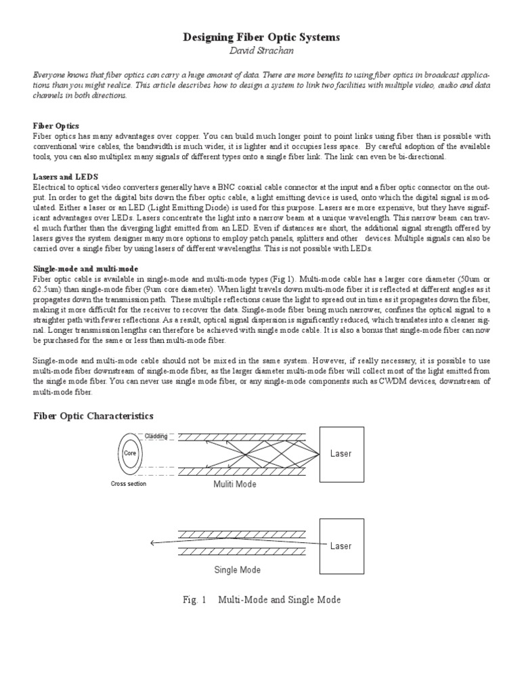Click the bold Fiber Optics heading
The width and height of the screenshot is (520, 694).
(57, 125)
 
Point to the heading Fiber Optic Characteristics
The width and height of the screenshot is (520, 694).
(94, 415)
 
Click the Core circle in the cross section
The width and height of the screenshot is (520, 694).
(130, 453)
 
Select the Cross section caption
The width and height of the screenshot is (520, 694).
(129, 484)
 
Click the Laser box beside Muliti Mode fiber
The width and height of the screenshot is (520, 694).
(341, 453)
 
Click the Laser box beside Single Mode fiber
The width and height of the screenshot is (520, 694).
(341, 545)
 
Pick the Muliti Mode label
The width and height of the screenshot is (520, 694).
(235, 484)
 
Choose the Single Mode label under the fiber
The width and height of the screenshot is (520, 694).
(237, 570)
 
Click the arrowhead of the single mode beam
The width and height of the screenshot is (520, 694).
(154, 542)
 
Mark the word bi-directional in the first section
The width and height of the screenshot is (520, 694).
(422, 157)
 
